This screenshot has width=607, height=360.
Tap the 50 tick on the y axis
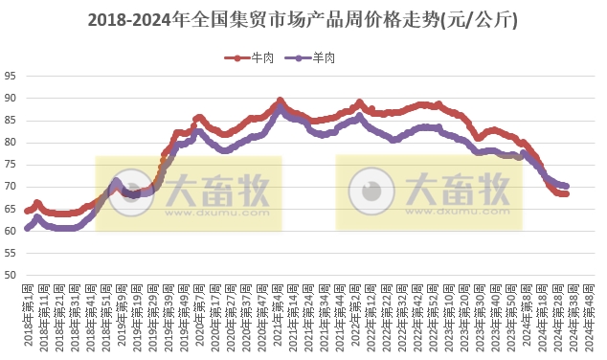(11, 275)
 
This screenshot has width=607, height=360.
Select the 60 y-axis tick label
(11, 231)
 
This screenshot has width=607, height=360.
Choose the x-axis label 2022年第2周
(356, 317)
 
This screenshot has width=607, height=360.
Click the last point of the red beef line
(566, 193)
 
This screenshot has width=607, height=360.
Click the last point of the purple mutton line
(566, 186)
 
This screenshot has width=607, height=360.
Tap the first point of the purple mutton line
(27, 229)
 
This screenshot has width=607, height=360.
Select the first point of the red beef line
(27, 211)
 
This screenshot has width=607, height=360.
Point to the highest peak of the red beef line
(280, 101)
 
